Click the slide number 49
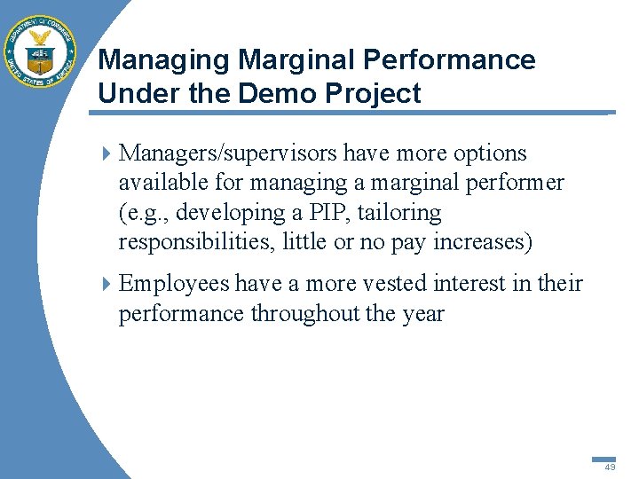[610, 467]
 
